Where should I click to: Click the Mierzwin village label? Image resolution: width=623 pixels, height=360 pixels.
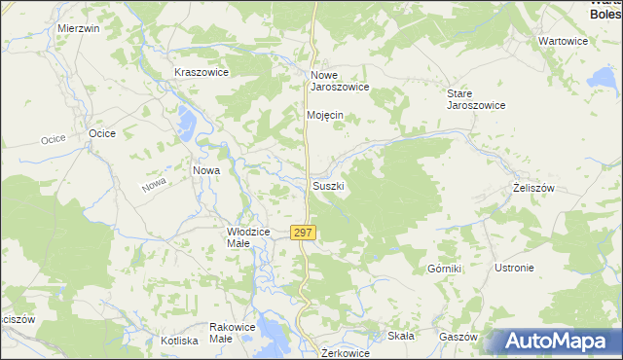pos(79,29)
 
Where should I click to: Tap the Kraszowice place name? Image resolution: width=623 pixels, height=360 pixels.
pos(201,73)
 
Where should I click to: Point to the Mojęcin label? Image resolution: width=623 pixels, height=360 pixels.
pos(325,115)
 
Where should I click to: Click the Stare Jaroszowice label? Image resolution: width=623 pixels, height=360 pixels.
pos(475,99)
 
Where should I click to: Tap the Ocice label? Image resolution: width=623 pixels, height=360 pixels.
pos(102,133)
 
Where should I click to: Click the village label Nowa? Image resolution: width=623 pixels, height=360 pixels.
pos(205,170)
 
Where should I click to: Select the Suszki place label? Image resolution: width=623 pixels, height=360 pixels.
pos(328,185)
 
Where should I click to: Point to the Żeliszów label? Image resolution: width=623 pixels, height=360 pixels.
pos(533,186)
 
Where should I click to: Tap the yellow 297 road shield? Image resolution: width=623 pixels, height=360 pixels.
pos(303,233)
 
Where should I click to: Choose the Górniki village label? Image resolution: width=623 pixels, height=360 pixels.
pos(443,268)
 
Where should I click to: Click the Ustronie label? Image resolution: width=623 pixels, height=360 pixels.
pos(514,268)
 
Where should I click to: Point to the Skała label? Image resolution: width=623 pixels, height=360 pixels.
pos(401,336)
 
